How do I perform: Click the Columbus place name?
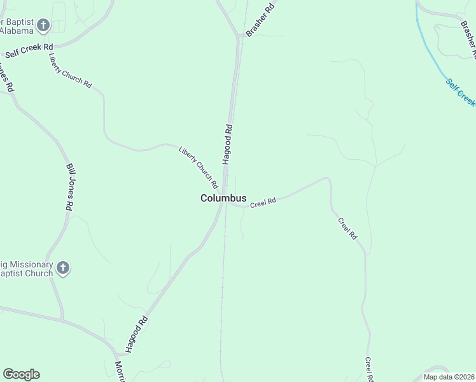(223, 198)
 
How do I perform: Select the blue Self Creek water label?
(460, 93)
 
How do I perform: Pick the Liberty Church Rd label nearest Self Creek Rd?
(70, 70)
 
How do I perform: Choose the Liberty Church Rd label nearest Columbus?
(199, 167)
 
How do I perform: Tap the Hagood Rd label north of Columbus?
(228, 145)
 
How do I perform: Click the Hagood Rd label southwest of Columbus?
(137, 334)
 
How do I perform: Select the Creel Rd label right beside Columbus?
(263, 202)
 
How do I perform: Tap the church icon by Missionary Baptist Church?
(62, 268)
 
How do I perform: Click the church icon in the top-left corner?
(43, 26)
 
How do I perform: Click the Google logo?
(21, 374)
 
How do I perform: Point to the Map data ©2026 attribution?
(449, 377)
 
